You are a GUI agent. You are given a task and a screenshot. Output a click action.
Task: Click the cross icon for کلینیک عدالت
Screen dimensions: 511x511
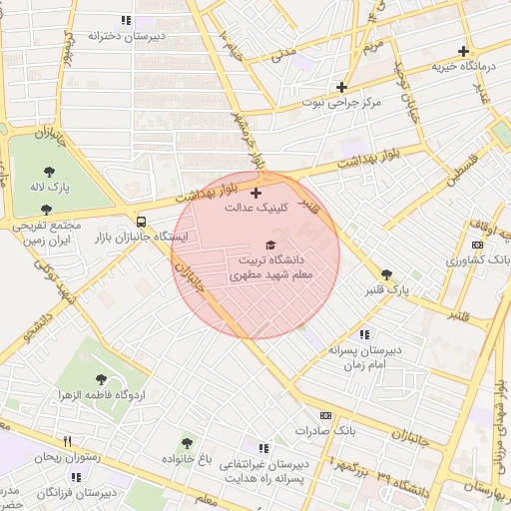[x=256, y=193]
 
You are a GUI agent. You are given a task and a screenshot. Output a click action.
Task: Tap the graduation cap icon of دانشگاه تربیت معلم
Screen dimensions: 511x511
[x=269, y=245]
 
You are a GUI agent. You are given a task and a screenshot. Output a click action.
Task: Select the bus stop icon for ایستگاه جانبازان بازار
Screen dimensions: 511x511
[x=141, y=222]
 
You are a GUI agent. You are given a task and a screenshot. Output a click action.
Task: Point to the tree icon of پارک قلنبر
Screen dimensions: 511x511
[x=386, y=274]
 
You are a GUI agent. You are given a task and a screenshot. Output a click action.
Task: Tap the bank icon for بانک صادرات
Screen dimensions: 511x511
[x=325, y=414]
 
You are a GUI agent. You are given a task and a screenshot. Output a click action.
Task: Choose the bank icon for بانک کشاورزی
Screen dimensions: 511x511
[x=475, y=245]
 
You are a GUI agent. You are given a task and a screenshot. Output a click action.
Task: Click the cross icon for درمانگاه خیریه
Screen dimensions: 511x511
[x=463, y=51]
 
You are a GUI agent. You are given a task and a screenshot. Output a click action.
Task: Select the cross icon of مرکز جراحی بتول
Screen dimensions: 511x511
[x=342, y=87]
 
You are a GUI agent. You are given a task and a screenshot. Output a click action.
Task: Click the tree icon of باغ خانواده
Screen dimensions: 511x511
[x=186, y=442]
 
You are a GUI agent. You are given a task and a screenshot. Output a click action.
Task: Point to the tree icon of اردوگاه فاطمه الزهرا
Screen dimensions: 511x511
[x=102, y=378]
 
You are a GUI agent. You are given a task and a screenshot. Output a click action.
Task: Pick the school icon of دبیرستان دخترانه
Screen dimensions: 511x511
[x=126, y=20]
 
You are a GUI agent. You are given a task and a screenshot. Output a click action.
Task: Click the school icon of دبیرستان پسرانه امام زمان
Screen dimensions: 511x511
[x=364, y=334]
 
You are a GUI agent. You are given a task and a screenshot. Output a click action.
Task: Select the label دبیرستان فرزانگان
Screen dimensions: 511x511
[x=76, y=493]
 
